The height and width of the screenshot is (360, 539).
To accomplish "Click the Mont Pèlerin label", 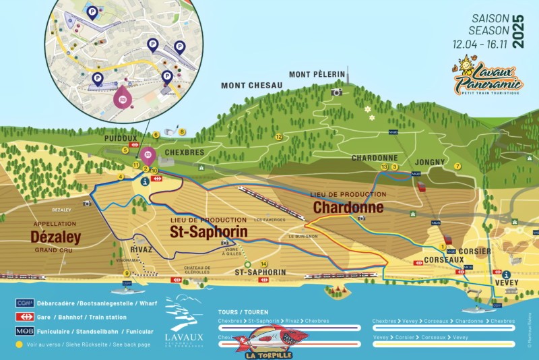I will (317, 74).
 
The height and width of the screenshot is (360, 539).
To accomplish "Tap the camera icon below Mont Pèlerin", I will (336, 92).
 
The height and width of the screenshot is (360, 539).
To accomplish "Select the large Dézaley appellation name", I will (55, 237).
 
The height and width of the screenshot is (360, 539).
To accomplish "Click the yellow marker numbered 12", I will (278, 137).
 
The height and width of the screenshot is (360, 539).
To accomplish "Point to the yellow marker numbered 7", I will (457, 166).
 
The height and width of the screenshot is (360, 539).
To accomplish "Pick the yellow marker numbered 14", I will (264, 264).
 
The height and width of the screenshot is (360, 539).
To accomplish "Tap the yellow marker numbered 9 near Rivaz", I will (126, 273).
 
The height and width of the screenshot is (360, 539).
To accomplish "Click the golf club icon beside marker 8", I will (170, 133).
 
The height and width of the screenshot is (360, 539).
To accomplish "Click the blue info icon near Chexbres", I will (144, 181).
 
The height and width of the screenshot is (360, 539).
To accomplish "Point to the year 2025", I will (518, 31).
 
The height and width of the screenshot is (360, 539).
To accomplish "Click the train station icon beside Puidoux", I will (134, 144).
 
